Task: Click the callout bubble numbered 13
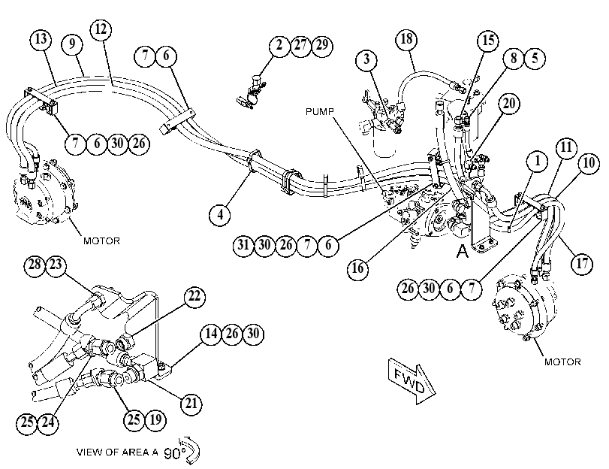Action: (x=41, y=39)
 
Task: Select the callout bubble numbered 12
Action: (x=101, y=29)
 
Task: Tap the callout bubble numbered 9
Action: (x=72, y=44)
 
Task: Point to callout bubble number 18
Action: (x=407, y=39)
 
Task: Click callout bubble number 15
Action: (x=488, y=41)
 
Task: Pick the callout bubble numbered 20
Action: (x=509, y=104)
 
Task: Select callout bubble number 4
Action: (x=220, y=214)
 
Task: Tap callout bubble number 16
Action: (x=357, y=268)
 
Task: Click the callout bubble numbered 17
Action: (x=582, y=264)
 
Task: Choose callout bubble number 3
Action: (x=367, y=60)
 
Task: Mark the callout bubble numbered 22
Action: (x=194, y=297)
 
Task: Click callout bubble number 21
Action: (x=191, y=404)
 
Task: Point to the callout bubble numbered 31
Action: (x=243, y=245)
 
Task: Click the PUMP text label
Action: (x=320, y=111)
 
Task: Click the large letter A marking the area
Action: (x=462, y=251)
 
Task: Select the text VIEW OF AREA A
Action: (x=117, y=452)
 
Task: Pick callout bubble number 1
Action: (x=538, y=161)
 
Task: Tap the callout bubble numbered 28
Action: (x=35, y=265)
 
